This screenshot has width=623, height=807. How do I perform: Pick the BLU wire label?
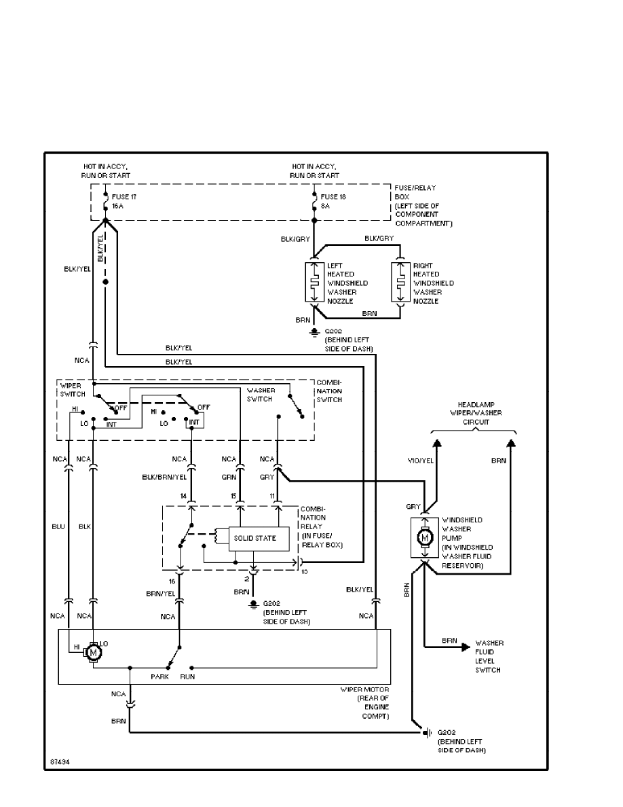tap(58, 526)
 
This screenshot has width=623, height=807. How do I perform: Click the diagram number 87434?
tap(60, 761)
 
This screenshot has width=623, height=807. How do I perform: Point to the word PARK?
tap(159, 677)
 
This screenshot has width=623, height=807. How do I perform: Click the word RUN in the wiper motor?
tap(188, 677)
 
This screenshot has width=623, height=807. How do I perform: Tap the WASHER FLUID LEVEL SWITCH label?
tap(489, 656)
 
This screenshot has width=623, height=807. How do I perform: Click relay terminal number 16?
tap(172, 582)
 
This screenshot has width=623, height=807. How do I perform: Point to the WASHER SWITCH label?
tap(260, 395)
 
